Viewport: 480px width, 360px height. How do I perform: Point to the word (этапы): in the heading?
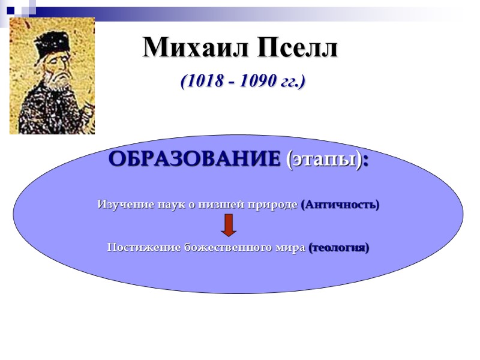click(x=327, y=160)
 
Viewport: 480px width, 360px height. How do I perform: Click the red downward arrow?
click(x=229, y=225)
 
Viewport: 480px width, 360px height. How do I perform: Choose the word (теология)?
click(x=339, y=247)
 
